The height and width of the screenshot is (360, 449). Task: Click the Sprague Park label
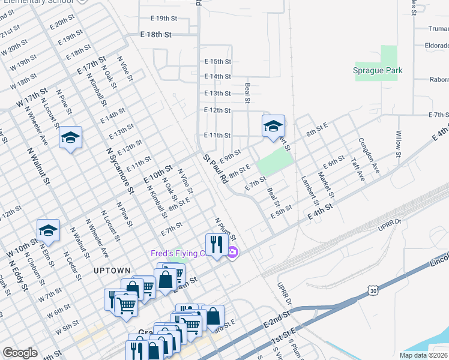[377, 70]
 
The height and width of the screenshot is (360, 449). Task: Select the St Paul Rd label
[215, 169]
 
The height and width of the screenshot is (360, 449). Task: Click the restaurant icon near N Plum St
[215, 244]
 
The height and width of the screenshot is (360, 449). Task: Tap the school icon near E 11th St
[273, 125]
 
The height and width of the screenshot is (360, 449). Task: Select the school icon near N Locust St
[71, 138]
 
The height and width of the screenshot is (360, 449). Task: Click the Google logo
[20, 353]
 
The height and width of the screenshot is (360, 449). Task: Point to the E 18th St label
[156, 35]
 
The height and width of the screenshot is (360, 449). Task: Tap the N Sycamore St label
[120, 171]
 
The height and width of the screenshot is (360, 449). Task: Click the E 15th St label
[217, 61]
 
